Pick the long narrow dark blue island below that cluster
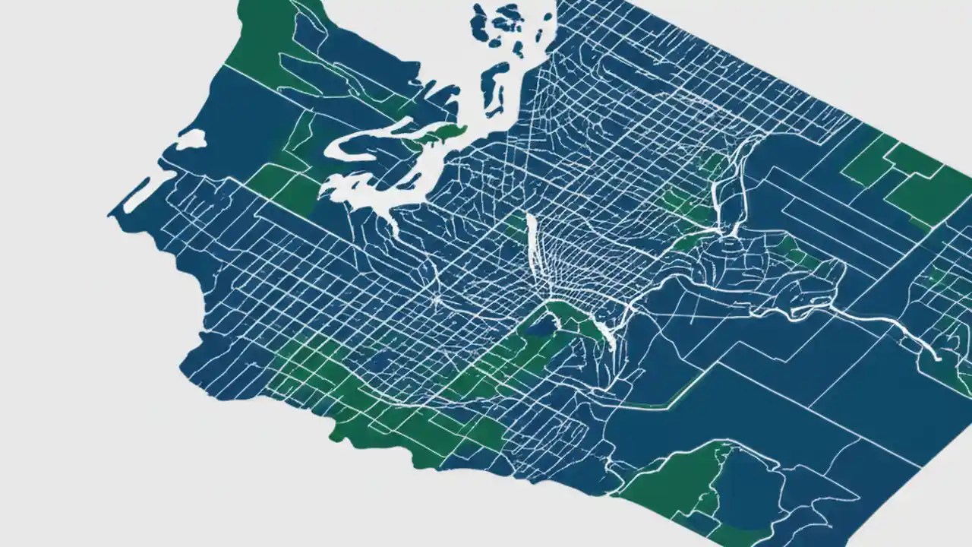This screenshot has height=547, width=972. [x=497, y=80]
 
